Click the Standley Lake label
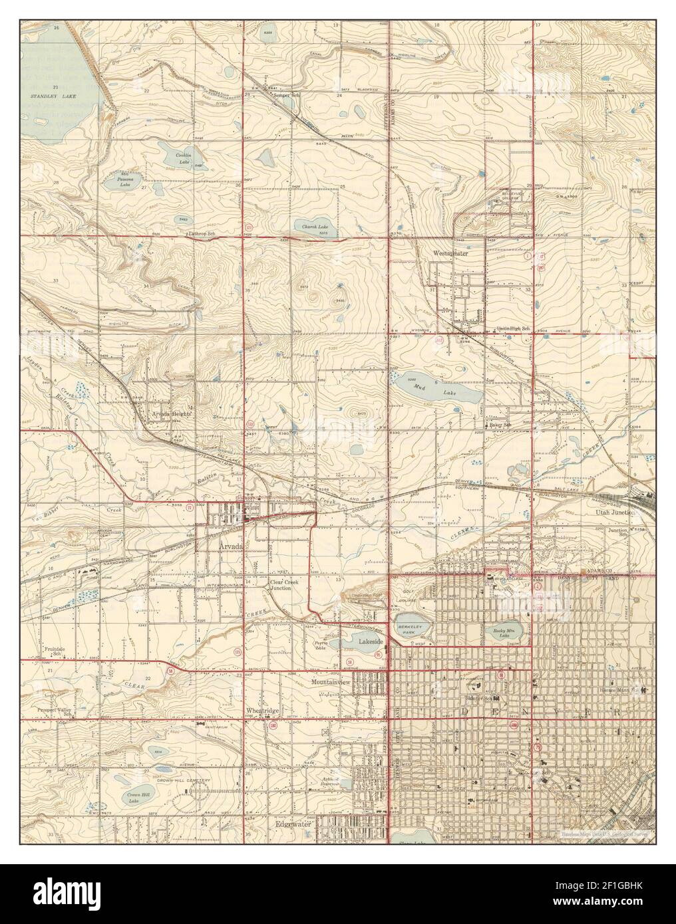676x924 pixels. [x=57, y=96]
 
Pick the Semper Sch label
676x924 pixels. [x=285, y=94]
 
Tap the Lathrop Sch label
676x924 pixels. [x=202, y=234]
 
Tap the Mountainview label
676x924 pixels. [x=331, y=682]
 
